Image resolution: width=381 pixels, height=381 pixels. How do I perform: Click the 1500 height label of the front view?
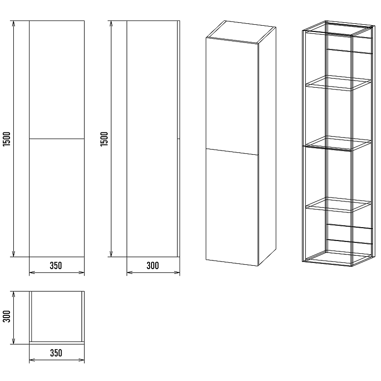pos(7,139)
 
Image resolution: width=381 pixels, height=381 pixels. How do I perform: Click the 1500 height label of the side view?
pos(104,139)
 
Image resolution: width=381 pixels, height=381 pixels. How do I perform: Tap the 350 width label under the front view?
pos(56,266)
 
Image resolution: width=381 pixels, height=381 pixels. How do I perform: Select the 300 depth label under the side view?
pos(152,266)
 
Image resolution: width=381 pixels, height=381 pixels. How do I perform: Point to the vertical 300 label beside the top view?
pos(7,316)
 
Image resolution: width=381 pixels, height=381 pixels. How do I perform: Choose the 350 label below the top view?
pos(56,353)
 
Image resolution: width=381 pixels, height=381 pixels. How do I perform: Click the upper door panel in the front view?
pos(57,80)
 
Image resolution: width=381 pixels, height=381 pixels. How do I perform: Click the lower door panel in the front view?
pos(57,198)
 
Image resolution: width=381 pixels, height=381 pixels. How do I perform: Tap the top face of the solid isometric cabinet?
pos(241,32)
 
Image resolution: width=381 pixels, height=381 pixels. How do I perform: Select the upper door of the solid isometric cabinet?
pos(232,96)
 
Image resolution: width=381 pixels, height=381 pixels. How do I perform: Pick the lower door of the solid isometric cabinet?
pos(232,207)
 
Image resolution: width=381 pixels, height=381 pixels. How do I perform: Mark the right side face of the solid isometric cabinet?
pos(267,146)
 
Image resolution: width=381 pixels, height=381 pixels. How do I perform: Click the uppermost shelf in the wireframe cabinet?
pos(339,83)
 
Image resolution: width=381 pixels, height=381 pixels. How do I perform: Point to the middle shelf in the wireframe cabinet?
pos(339,144)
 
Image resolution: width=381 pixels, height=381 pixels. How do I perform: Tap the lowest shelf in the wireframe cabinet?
pos(339,205)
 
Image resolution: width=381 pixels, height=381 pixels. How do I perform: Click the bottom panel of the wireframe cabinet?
pos(339,258)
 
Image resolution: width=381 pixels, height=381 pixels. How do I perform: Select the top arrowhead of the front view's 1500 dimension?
pos(14,23)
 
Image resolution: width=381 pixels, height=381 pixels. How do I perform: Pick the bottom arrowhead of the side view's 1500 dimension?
pos(111,254)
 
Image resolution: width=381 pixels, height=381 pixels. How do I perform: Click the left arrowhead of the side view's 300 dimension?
pos(130,272)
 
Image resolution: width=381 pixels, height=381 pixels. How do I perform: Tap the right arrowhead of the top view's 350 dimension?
pos(81,360)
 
